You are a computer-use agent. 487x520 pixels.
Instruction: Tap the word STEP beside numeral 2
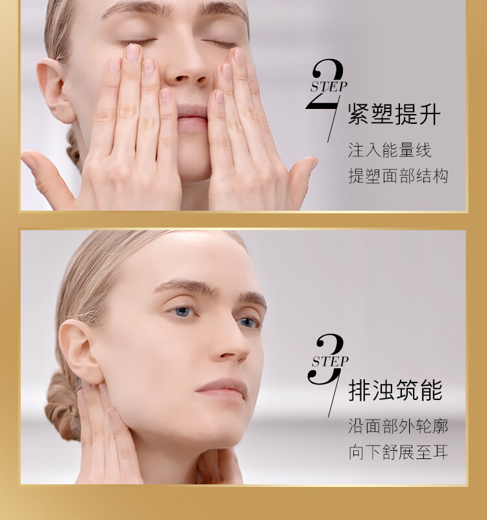pyautogui.click(x=329, y=86)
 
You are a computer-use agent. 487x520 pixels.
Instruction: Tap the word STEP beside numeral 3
pyautogui.click(x=331, y=362)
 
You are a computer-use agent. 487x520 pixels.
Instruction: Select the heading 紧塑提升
pyautogui.click(x=394, y=114)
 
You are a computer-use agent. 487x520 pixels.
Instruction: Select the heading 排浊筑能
pyautogui.click(x=395, y=390)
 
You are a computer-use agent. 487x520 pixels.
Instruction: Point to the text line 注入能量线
pyautogui.click(x=390, y=150)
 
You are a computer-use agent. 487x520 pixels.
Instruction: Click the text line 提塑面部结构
pyautogui.click(x=398, y=176)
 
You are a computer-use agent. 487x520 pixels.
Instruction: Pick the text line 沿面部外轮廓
pyautogui.click(x=398, y=426)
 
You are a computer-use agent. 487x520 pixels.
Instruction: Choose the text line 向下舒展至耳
pyautogui.click(x=398, y=452)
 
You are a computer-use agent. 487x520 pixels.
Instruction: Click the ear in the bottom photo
pyautogui.click(x=79, y=352)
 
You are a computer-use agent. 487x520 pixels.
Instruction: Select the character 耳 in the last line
pyautogui.click(x=440, y=452)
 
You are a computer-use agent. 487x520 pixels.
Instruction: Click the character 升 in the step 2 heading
pyautogui.click(x=430, y=114)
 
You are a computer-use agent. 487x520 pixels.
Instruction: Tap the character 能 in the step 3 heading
pyautogui.click(x=432, y=390)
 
